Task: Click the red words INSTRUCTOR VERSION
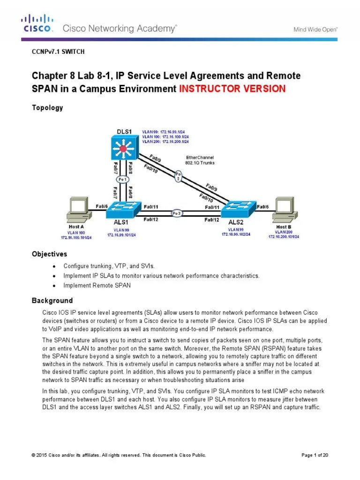pos(232,89)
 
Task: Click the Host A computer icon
pos(77,210)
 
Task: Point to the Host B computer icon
pos(288,210)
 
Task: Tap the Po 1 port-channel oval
pos(122,179)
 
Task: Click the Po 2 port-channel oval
pos(178,175)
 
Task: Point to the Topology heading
pos(47,108)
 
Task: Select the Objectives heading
pos(49,254)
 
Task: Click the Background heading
pos(52,300)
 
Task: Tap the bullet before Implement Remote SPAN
pos(54,285)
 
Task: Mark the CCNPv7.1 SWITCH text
pos(58,52)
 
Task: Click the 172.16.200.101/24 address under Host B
pos(287,237)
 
